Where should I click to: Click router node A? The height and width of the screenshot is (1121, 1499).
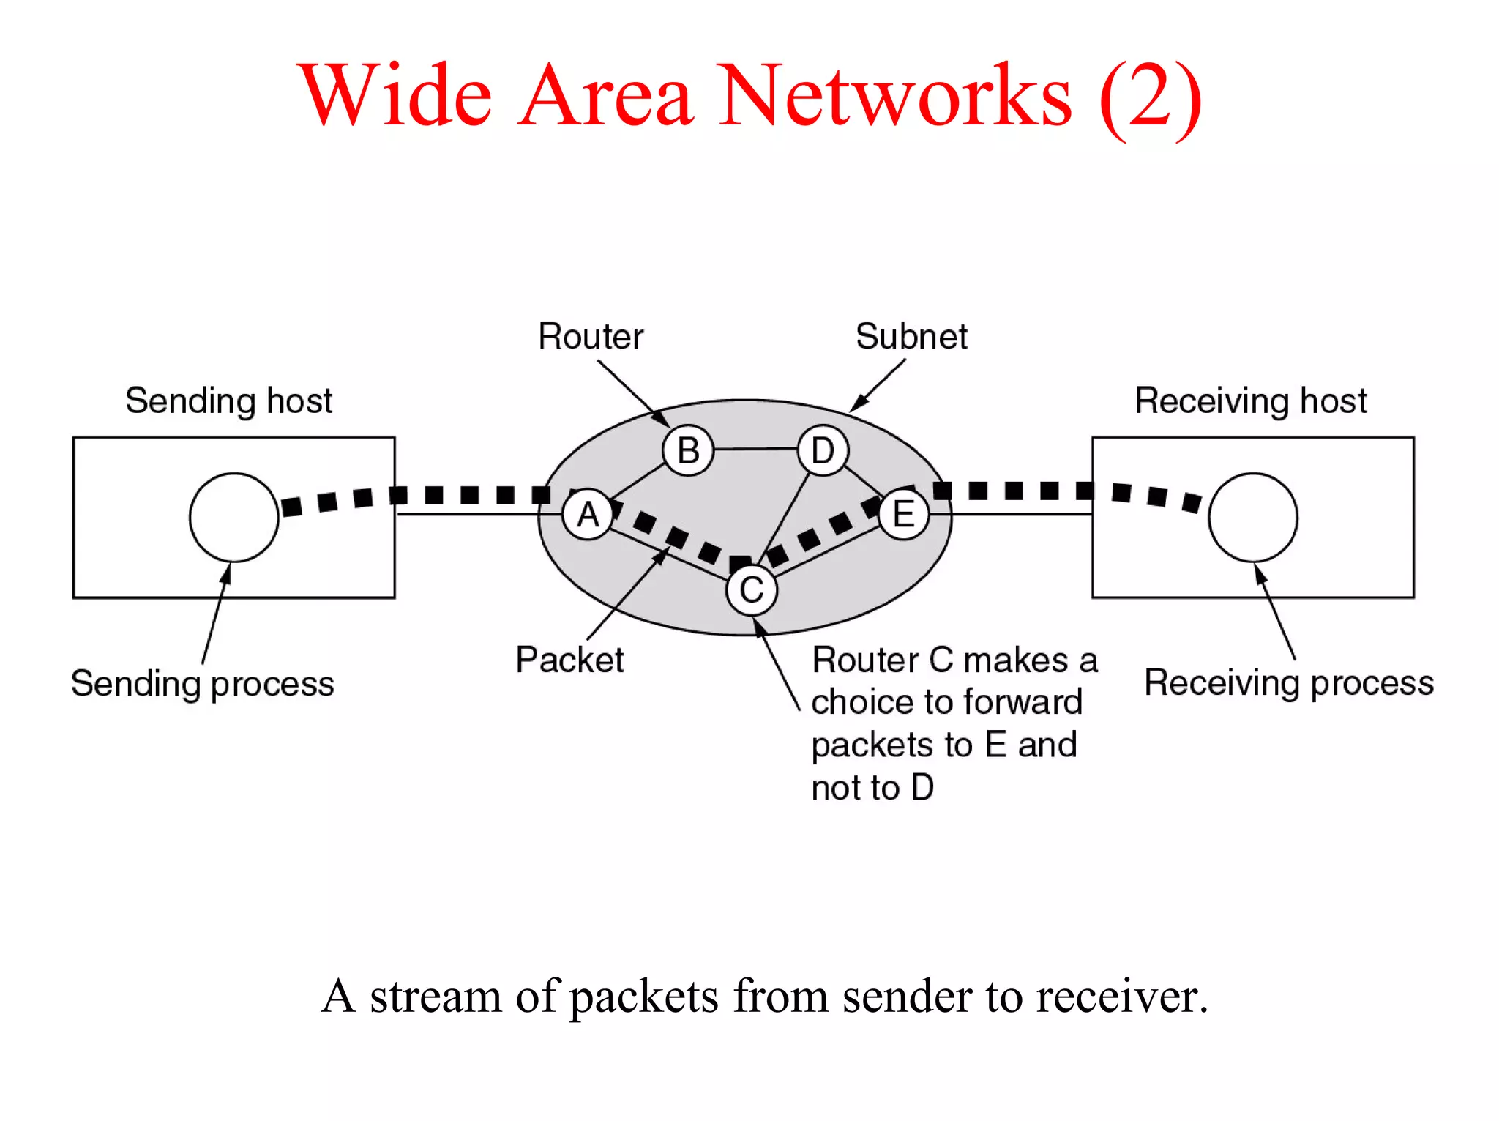click(x=588, y=515)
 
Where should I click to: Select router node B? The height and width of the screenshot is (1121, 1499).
click(x=688, y=450)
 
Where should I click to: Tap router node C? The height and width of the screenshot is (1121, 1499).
click(x=752, y=590)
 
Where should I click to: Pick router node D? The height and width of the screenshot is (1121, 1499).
click(x=823, y=450)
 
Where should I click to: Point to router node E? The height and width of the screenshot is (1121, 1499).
click(x=904, y=514)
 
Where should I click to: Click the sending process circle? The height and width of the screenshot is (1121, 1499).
click(x=234, y=517)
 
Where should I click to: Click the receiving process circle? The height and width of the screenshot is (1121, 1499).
click(x=1253, y=517)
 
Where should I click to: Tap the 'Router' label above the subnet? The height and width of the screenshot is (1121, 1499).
click(x=591, y=337)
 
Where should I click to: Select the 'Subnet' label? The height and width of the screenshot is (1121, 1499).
click(x=911, y=337)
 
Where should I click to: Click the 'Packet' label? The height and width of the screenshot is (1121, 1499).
click(x=569, y=660)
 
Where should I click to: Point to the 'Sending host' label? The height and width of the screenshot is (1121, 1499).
click(x=228, y=401)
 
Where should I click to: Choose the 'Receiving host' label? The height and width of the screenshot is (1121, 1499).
click(x=1250, y=401)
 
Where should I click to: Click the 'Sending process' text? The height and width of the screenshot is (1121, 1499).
click(x=202, y=684)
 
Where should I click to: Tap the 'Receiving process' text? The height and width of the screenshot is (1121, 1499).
click(x=1288, y=683)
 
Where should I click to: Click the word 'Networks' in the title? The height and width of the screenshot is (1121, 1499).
click(x=896, y=96)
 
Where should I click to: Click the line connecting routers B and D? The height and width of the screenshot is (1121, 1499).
click(x=755, y=449)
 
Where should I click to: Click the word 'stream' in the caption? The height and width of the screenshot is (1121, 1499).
click(x=435, y=997)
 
